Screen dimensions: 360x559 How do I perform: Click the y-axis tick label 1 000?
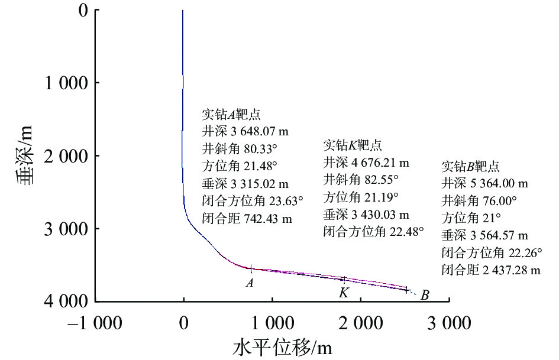[66, 82]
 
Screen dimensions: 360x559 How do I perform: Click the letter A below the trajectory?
[250, 283]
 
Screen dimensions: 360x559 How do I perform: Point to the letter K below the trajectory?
[344, 293]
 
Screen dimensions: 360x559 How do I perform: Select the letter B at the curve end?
[424, 295]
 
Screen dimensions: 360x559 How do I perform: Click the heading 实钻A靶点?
[231, 114]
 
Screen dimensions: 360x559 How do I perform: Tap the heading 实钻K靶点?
[353, 145]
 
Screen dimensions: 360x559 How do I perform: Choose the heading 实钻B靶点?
[471, 166]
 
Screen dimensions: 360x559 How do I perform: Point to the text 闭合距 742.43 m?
[247, 218]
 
